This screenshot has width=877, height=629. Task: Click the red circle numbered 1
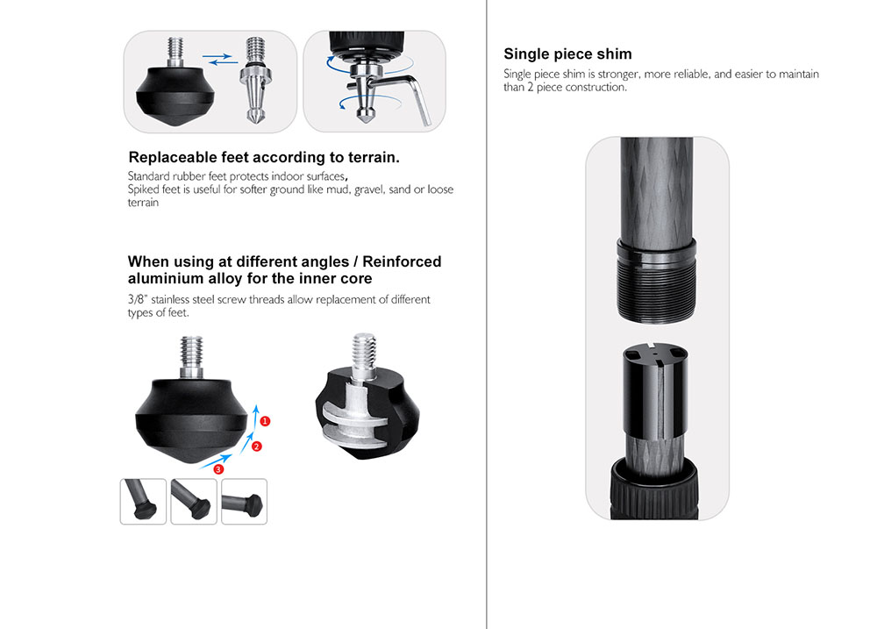pos(265,421)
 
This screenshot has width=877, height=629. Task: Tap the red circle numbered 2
pos(257,446)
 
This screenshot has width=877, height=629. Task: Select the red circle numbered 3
pos(218,469)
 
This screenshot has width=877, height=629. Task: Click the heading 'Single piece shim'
pos(567,54)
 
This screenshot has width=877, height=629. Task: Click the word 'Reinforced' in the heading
pos(402,261)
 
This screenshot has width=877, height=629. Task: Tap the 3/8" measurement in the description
pos(138,299)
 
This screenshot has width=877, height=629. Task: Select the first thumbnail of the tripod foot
pos(143,502)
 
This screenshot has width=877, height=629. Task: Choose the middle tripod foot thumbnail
pos(194,502)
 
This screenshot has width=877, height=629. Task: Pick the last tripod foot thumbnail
pos(245,502)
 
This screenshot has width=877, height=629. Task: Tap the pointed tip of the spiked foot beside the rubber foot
pos(255,120)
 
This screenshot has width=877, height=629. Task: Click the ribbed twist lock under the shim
pos(654,490)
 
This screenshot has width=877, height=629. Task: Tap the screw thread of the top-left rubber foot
pos(175,51)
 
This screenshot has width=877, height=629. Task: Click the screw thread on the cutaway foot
pos(364,350)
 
